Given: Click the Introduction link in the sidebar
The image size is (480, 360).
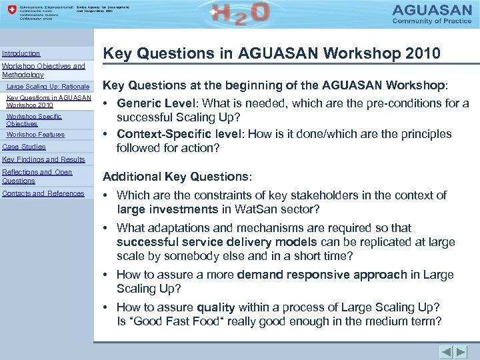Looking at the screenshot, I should tap(21, 53).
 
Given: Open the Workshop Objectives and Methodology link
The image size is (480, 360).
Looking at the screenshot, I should tap(43, 71).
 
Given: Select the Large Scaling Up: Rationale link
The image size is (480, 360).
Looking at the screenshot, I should tap(47, 87).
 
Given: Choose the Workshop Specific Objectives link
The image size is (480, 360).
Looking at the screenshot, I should tap(33, 120).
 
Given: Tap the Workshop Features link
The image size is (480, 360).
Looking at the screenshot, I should tap(35, 135).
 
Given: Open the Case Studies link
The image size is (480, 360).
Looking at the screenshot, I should tap(24, 147).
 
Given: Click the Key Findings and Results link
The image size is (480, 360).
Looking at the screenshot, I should tap(43, 159).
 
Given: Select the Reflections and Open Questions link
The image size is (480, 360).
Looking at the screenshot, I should tap(37, 176).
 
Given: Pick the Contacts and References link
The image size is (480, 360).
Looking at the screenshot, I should tap(43, 193).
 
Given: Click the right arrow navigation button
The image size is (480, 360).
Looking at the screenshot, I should tap(461, 351).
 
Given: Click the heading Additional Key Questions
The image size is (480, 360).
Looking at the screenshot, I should tap(175, 177).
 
